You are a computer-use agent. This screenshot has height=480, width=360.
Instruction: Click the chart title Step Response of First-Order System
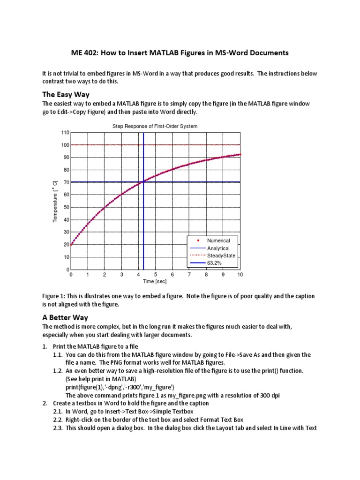[x=155, y=126]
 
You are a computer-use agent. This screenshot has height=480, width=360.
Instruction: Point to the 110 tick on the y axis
[x=65, y=133]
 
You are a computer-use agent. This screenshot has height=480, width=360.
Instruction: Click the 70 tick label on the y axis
[x=66, y=182]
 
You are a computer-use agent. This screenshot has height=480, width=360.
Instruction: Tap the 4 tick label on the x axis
[x=138, y=275]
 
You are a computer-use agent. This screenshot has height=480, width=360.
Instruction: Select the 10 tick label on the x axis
[x=240, y=275]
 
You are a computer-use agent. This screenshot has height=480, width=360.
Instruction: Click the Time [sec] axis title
[x=155, y=282]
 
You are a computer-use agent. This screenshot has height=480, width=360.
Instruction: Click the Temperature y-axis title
[x=55, y=201]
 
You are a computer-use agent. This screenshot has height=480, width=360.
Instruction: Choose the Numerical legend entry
[x=218, y=240]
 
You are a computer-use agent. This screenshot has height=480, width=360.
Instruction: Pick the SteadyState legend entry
[x=221, y=255]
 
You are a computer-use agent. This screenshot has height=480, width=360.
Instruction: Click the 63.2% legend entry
[x=214, y=263]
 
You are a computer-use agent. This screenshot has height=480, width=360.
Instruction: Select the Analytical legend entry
[x=218, y=248]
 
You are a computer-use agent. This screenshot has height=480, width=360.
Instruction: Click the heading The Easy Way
[x=66, y=94]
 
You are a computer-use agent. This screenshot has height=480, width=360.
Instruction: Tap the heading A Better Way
[x=66, y=317]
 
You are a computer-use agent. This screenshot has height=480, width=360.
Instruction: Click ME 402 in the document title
[x=84, y=53]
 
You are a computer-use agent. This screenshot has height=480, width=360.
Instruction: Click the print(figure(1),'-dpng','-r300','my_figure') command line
[x=120, y=387]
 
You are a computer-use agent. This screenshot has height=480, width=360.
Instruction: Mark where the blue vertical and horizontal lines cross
[x=143, y=182]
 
